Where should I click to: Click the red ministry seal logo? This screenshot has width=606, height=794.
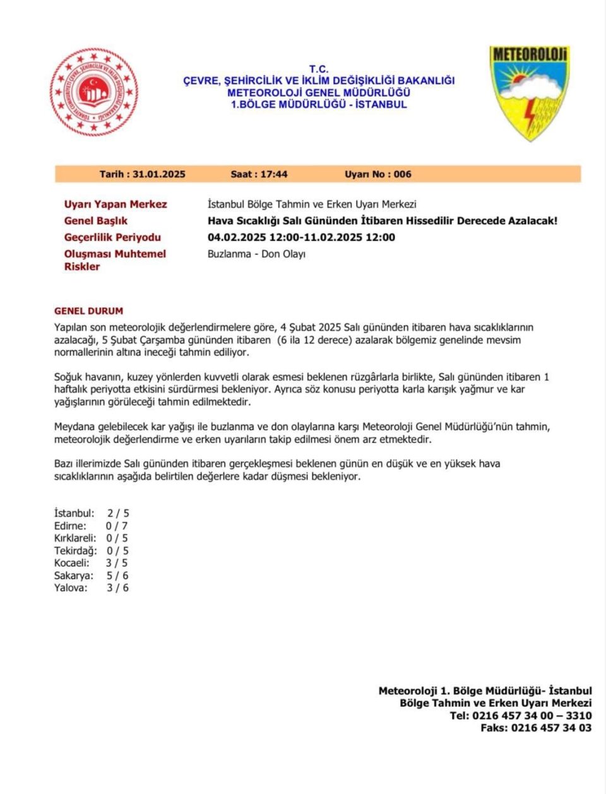94,92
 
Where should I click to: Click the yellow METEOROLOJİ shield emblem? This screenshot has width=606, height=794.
529,92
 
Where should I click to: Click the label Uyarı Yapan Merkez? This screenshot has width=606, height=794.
116,204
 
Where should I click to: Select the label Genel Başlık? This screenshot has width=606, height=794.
96,221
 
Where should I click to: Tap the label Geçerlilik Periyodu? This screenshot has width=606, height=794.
112,237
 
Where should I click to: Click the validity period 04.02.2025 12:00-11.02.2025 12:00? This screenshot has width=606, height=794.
301,237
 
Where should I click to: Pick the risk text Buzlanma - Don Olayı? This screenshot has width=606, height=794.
256,254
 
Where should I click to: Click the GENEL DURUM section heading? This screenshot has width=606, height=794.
89,311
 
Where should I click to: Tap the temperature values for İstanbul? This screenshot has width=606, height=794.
118,513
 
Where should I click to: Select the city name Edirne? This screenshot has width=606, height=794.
70,526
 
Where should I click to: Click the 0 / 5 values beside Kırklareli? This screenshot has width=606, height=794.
117,538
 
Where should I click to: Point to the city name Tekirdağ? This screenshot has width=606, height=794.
76,550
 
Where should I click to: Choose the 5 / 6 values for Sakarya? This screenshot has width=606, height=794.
117,576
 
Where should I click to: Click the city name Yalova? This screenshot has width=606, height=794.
71,588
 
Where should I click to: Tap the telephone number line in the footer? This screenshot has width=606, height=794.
521,716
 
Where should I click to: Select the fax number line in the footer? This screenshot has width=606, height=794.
536,728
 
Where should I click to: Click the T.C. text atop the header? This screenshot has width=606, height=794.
319,69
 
